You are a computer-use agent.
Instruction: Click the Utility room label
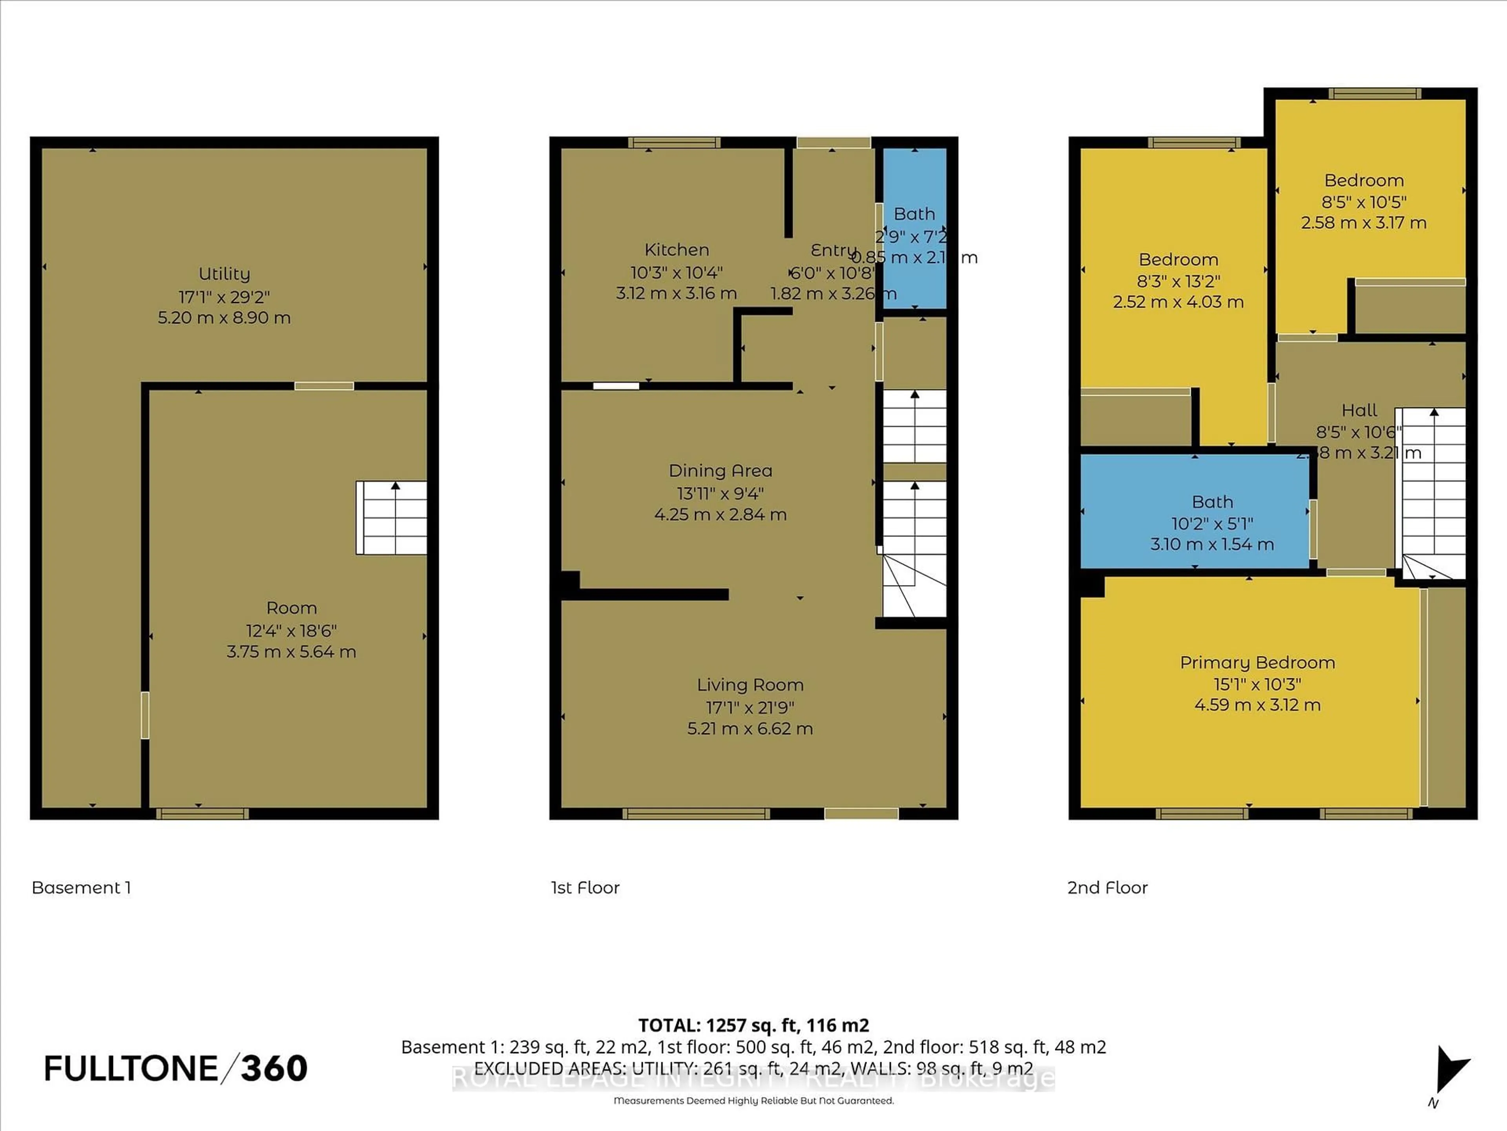pyautogui.click(x=224, y=274)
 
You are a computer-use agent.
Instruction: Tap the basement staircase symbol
pyautogui.click(x=392, y=518)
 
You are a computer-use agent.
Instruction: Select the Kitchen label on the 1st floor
pyautogui.click(x=677, y=250)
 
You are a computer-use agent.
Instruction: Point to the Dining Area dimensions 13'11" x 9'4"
pyautogui.click(x=720, y=493)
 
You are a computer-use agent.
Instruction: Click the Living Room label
pyautogui.click(x=750, y=685)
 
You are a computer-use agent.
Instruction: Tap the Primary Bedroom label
pyautogui.click(x=1257, y=662)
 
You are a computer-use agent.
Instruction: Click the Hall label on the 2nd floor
pyautogui.click(x=1359, y=410)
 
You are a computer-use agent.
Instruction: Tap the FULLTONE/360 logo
pyautogui.click(x=176, y=1068)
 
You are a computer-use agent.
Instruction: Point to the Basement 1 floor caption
pyautogui.click(x=81, y=888)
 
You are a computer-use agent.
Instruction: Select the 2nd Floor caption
pyautogui.click(x=1107, y=888)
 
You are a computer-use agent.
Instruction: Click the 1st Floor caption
pyautogui.click(x=585, y=888)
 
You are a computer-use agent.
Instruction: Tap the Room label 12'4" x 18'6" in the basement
pyautogui.click(x=291, y=608)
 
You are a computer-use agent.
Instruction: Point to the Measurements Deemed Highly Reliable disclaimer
pyautogui.click(x=753, y=1100)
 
